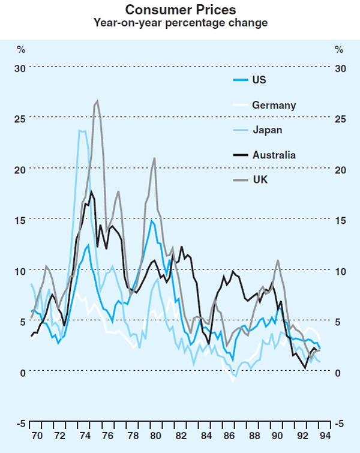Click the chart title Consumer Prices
point(180,10)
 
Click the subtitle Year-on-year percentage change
point(180,23)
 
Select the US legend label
point(259,80)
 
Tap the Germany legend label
point(274,105)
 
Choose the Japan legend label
point(267,130)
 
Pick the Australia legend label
point(274,155)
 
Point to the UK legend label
point(260,179)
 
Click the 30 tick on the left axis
point(20,68)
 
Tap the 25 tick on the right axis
point(340,119)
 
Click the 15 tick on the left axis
point(20,220)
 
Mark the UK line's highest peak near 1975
point(97,101)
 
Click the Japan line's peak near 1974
point(80,130)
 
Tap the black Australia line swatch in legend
point(240,155)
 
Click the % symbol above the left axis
point(20,49)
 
